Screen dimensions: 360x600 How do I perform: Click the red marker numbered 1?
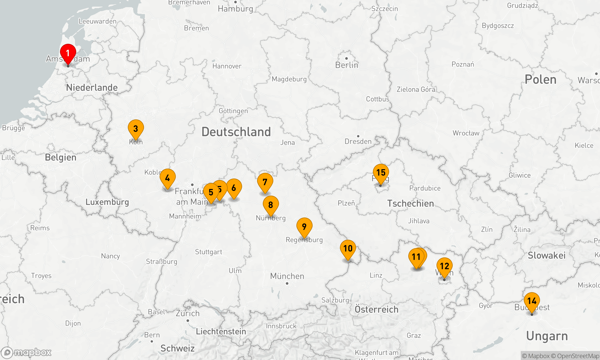68,53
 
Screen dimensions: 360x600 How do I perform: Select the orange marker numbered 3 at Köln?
136,129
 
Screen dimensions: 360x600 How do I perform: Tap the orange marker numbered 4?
167,178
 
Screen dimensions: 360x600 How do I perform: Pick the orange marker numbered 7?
265,182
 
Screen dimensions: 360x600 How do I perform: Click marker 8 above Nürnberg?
271,205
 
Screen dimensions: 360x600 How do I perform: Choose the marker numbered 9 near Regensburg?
304,227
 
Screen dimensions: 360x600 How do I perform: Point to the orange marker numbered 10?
348,249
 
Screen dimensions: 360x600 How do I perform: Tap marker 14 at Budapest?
532,301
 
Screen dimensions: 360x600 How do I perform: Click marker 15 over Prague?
381,173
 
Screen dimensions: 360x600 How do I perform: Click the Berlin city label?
346,65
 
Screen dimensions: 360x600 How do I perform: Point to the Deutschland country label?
236,132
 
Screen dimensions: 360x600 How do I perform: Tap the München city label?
287,276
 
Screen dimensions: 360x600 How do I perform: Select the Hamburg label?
235,9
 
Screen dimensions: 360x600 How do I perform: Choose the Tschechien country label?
410,203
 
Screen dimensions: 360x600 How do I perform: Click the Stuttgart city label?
208,252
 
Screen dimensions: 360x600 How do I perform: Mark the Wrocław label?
466,133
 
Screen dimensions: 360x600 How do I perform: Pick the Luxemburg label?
107,202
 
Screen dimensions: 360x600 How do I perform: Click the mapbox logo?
26,352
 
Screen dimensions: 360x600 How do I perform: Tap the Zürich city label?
187,313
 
